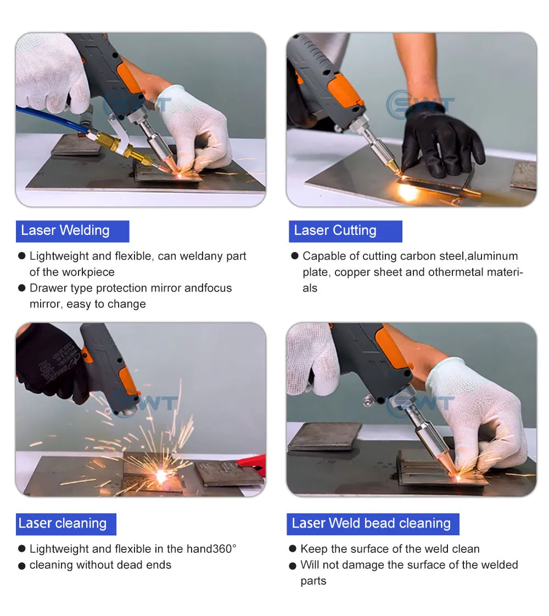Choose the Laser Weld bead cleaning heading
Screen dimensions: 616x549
coord(371,524)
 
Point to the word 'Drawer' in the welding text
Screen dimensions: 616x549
coord(48,288)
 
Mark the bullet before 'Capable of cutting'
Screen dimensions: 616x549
coord(294,256)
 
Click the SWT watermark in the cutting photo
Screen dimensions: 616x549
coord(420,104)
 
